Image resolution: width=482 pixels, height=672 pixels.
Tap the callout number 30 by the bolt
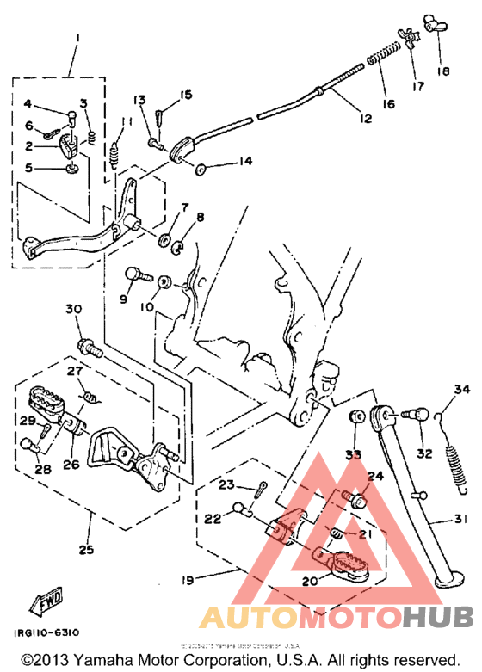click(x=72, y=310)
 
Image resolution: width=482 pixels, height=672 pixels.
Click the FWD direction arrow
click(x=43, y=606)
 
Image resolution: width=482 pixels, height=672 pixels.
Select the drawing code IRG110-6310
click(x=48, y=632)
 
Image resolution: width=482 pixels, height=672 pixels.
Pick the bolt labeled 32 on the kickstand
click(x=415, y=416)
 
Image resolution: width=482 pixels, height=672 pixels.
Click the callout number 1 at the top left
click(x=75, y=38)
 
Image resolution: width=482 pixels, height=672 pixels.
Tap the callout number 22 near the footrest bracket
click(x=212, y=519)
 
